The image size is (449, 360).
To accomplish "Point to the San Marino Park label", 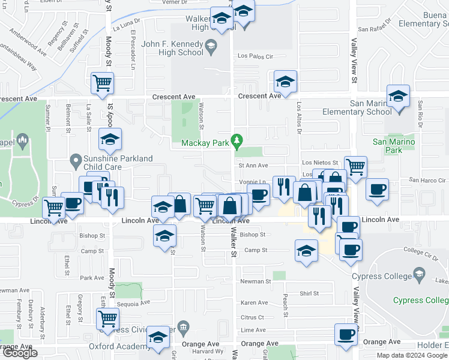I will click(387, 146).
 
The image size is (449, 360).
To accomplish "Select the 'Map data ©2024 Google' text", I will click(412, 355).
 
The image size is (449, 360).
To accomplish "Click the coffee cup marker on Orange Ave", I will click(346, 334).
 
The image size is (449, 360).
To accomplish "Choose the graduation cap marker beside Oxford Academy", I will click(158, 338).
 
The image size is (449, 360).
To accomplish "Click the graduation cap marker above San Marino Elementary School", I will click(398, 95).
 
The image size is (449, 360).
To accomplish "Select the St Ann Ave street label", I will click(253, 165).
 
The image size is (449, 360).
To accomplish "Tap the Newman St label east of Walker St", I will click(256, 281).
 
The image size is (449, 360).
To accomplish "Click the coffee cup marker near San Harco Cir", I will click(377, 189).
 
